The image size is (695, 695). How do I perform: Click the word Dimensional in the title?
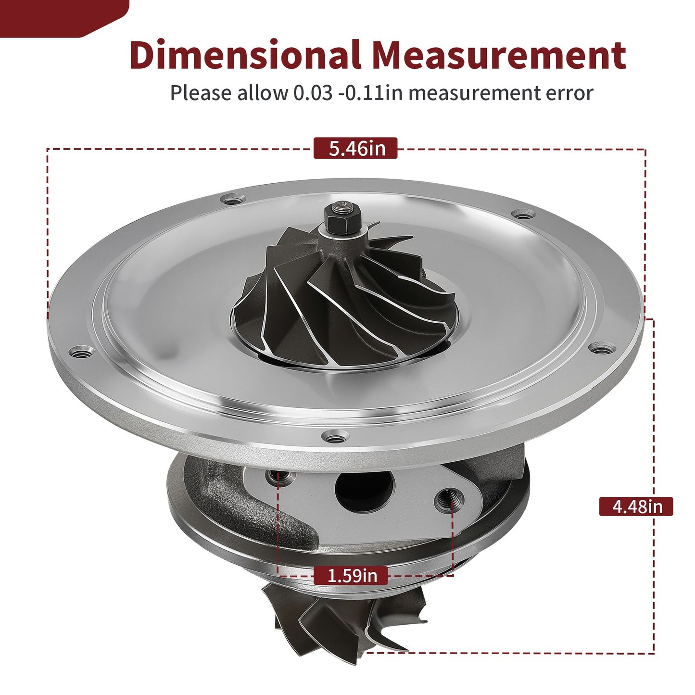245,54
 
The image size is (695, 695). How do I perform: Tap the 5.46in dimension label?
355,148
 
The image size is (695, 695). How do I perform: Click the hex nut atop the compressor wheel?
342,218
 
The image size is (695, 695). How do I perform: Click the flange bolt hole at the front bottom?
335,438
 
